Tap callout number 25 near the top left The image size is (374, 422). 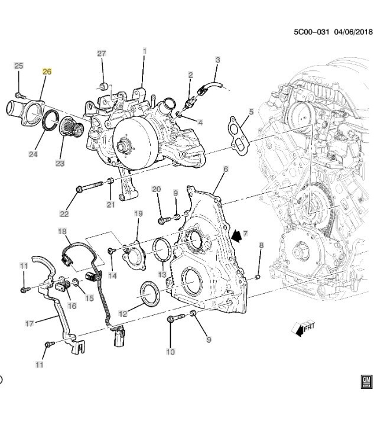click(x=18, y=66)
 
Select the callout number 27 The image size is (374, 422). click(x=101, y=54)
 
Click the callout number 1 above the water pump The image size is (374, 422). click(x=144, y=52)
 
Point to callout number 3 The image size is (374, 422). click(x=217, y=60)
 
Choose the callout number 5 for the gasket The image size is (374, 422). click(x=251, y=112)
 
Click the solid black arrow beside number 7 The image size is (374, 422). click(x=238, y=236)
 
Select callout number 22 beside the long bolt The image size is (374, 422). click(x=64, y=213)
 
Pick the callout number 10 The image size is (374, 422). click(x=171, y=352)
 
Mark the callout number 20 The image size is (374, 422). click(x=156, y=190)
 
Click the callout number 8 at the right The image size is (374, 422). click(x=261, y=245)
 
